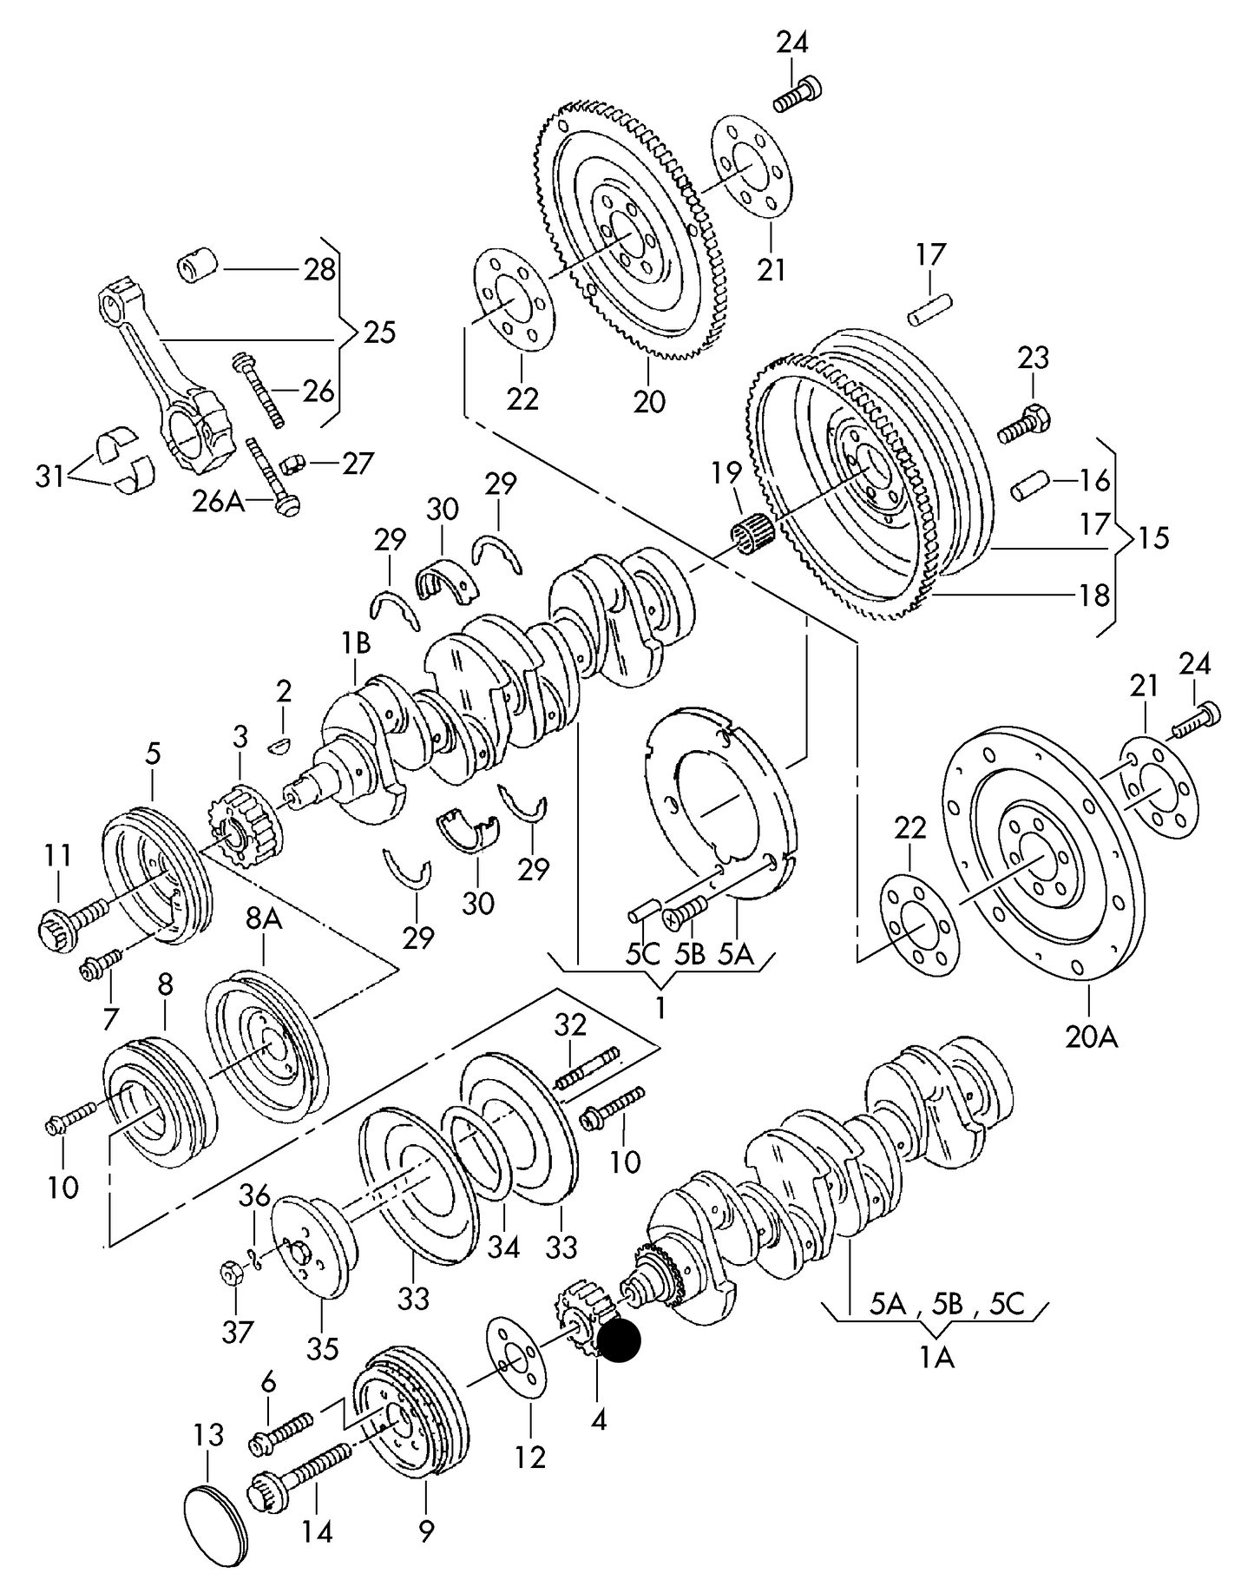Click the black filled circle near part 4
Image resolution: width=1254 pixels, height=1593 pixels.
(620, 1341)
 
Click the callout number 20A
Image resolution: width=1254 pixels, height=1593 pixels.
(1091, 1036)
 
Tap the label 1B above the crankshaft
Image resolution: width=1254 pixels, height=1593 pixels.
(355, 642)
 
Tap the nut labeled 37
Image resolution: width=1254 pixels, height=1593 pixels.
(232, 1274)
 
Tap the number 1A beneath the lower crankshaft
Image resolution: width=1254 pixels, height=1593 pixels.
(936, 1356)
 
